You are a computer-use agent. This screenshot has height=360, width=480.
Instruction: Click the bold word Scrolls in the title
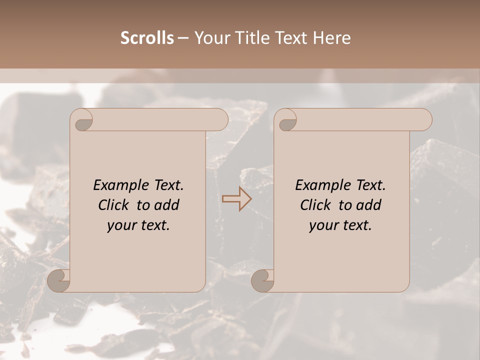click(147, 38)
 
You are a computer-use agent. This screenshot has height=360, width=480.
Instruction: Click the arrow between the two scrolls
click(237, 198)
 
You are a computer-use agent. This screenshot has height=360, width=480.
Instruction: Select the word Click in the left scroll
click(115, 205)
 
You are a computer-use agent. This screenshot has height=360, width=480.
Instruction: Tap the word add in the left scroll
click(166, 205)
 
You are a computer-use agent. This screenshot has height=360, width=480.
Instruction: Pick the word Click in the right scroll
click(317, 205)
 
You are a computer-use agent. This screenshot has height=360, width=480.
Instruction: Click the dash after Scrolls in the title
click(183, 38)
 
